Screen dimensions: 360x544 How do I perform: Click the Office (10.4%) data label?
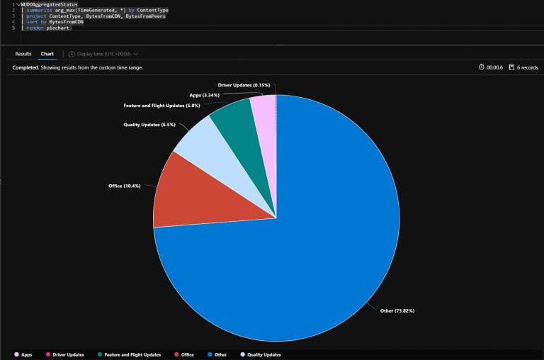[x=125, y=186]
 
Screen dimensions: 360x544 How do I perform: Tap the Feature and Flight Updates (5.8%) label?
[x=161, y=106]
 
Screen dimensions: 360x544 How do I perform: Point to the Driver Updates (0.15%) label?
[x=244, y=85]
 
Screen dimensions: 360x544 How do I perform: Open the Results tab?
[x=23, y=54]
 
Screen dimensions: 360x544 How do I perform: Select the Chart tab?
[x=47, y=54]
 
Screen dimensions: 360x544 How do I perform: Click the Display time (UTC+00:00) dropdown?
[x=103, y=54]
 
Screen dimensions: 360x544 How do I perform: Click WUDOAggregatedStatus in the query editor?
[x=50, y=4]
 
